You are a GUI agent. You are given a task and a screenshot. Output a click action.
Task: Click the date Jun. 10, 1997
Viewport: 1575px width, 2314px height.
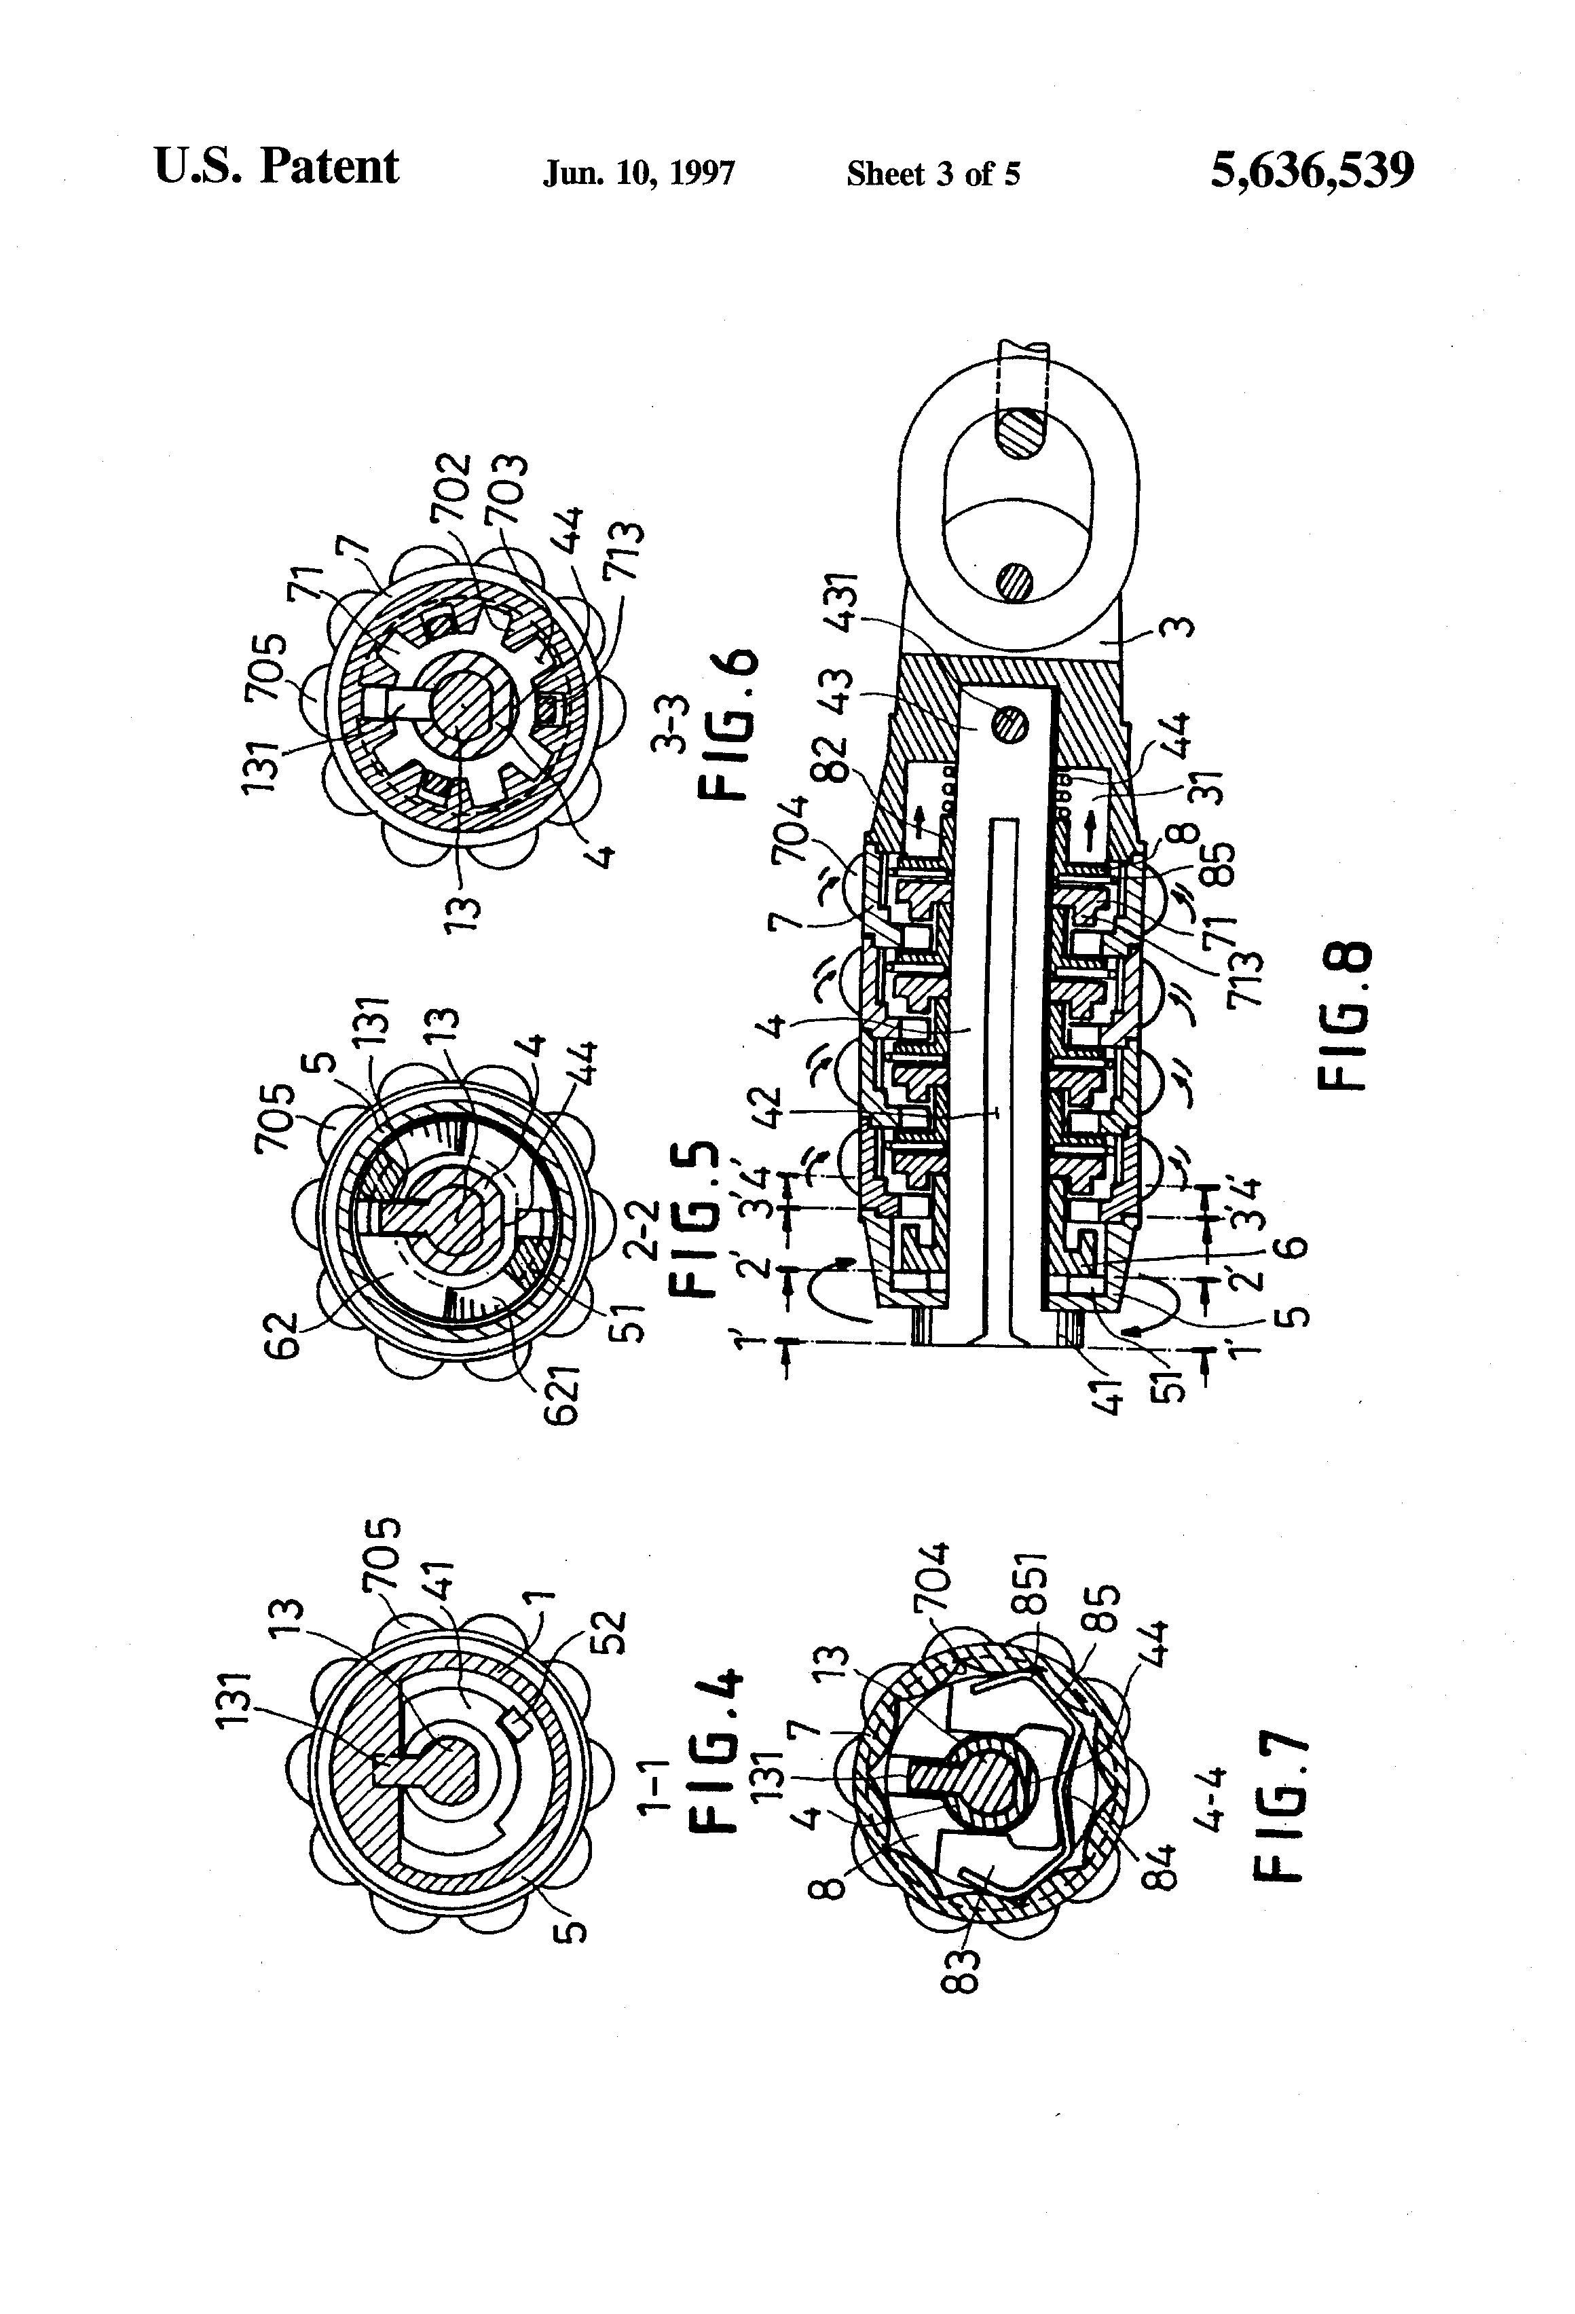[x=638, y=175]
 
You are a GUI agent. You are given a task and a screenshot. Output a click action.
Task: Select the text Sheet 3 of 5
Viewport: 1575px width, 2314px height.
[x=933, y=175]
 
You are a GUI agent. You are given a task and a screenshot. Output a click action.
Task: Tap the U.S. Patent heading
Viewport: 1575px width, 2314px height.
[x=276, y=167]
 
